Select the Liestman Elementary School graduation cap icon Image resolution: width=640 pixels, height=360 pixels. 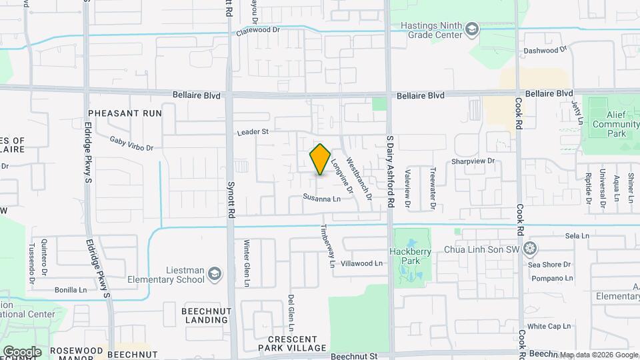[x=215, y=273]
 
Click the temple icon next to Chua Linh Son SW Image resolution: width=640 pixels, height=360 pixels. [x=530, y=249]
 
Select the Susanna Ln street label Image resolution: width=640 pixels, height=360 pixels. [x=321, y=198]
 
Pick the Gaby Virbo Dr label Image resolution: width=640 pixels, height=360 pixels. [x=131, y=143]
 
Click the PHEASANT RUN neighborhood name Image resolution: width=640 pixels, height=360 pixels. [x=125, y=113]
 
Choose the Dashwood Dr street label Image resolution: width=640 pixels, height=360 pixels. [x=545, y=49]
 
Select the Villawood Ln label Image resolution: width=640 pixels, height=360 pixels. [x=361, y=263]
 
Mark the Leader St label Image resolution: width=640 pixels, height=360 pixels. [x=253, y=132]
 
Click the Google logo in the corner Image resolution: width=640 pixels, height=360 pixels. [x=22, y=351]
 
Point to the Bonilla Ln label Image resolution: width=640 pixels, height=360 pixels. [x=71, y=290]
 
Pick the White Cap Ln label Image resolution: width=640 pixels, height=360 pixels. [x=549, y=326]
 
